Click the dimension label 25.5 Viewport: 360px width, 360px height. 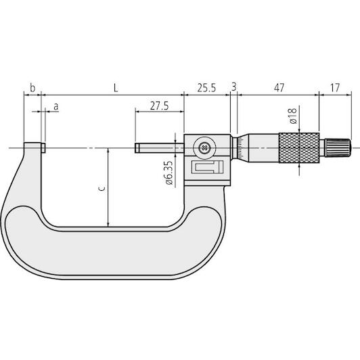pos(206,88)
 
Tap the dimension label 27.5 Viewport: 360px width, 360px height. pos(159,106)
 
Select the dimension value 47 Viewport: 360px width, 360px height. pos(279,88)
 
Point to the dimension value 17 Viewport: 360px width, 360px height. pos(335,88)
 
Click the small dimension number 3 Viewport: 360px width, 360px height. pos(233,87)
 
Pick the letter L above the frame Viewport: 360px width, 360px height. pos(116,88)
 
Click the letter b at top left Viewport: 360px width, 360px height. pos(32,88)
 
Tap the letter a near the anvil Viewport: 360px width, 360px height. pos(55,106)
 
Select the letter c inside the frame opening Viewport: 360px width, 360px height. pos(102,189)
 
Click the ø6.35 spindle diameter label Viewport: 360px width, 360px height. pos(168,173)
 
